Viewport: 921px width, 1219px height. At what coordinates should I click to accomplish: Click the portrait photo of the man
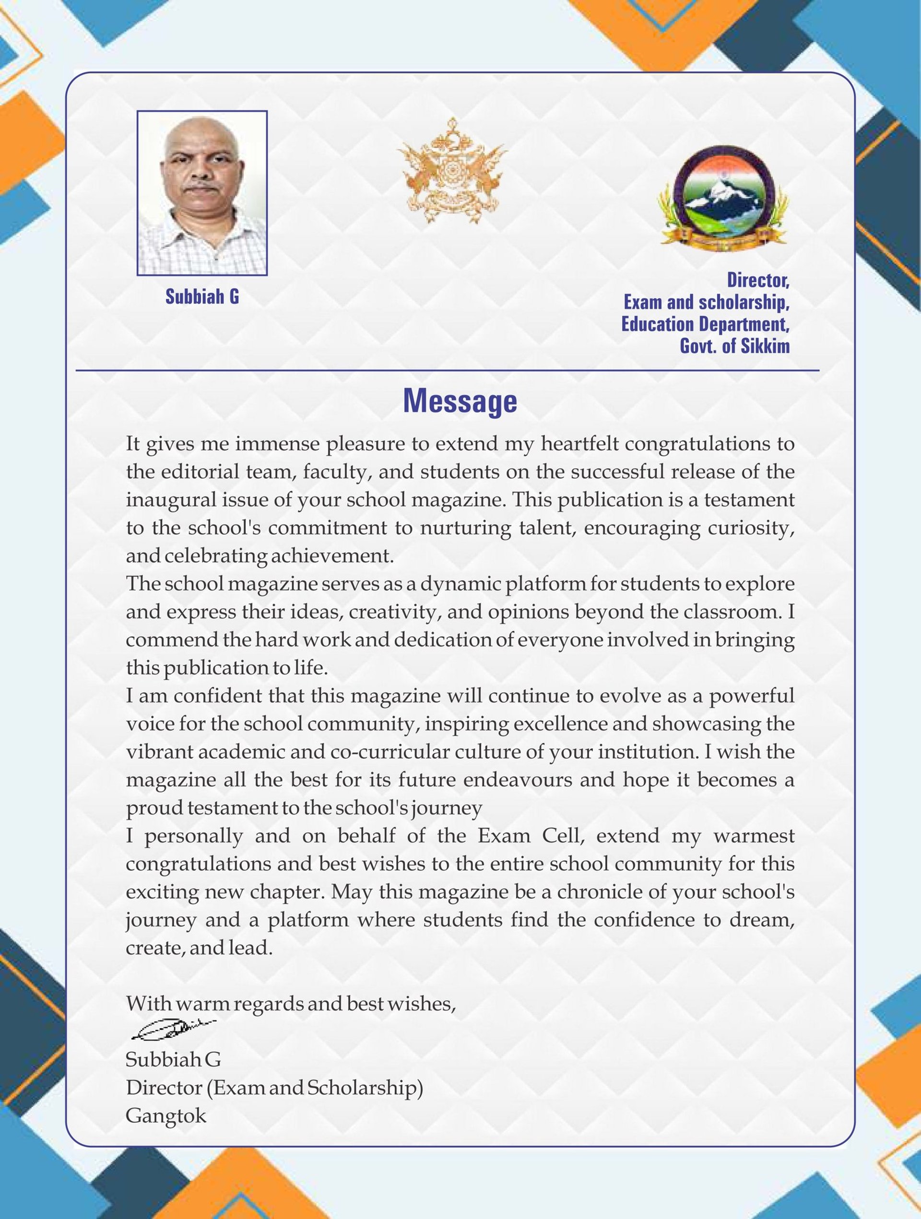click(202, 193)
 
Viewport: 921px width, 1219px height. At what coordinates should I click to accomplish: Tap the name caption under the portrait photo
click(202, 297)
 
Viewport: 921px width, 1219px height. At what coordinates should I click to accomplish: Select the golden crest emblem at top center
click(452, 171)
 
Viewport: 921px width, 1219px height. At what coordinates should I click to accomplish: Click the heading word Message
click(460, 401)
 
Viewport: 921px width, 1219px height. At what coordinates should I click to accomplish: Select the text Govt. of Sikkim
click(735, 346)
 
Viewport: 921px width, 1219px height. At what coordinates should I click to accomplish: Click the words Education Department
click(706, 324)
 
